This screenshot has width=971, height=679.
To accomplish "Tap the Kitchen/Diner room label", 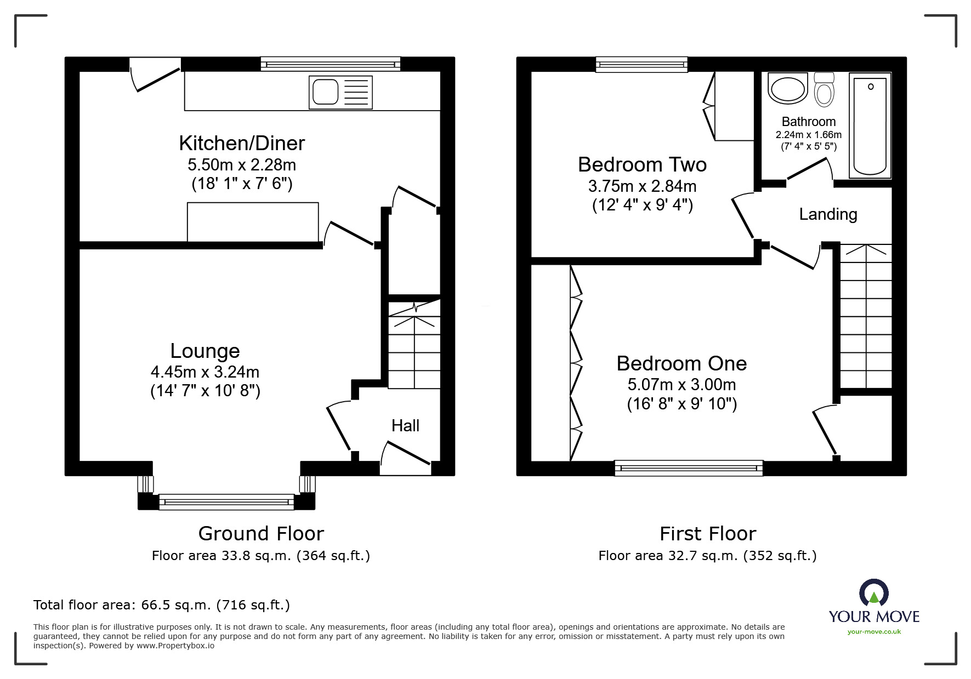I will pos(242,143).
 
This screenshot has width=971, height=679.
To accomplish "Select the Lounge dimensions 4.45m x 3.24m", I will pos(205,372).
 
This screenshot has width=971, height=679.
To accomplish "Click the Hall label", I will pos(405,426).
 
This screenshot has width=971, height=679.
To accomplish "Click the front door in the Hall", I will pos(405,459).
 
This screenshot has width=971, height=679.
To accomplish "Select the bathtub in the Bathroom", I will pos(870,125).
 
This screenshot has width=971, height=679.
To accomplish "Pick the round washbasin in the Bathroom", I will pos(788,89).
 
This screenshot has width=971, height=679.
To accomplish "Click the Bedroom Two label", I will pos(642,164).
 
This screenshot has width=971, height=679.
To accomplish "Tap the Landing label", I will pos(828,214).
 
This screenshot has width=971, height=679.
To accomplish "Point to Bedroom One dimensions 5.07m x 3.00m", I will pos(682,385).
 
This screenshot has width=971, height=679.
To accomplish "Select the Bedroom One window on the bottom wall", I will pos(689,467).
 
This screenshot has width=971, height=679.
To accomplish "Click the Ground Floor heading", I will pos(261,533).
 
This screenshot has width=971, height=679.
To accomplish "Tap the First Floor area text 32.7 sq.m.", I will pos(707,556).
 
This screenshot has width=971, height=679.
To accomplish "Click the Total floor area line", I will pos(162,605).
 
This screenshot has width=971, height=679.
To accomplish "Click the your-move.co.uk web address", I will pos(874,632).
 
